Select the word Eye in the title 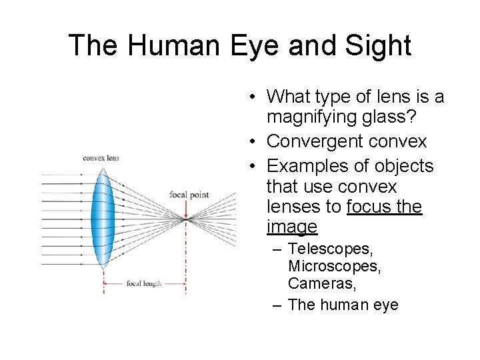click(x=251, y=45)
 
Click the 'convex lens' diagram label click(x=100, y=158)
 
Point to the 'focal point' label click(x=189, y=195)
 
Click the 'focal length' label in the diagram click(x=144, y=283)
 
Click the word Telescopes click(x=330, y=249)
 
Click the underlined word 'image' click(x=291, y=227)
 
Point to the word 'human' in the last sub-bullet click(x=347, y=305)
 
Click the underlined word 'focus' click(x=369, y=207)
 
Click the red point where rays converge click(x=186, y=217)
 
